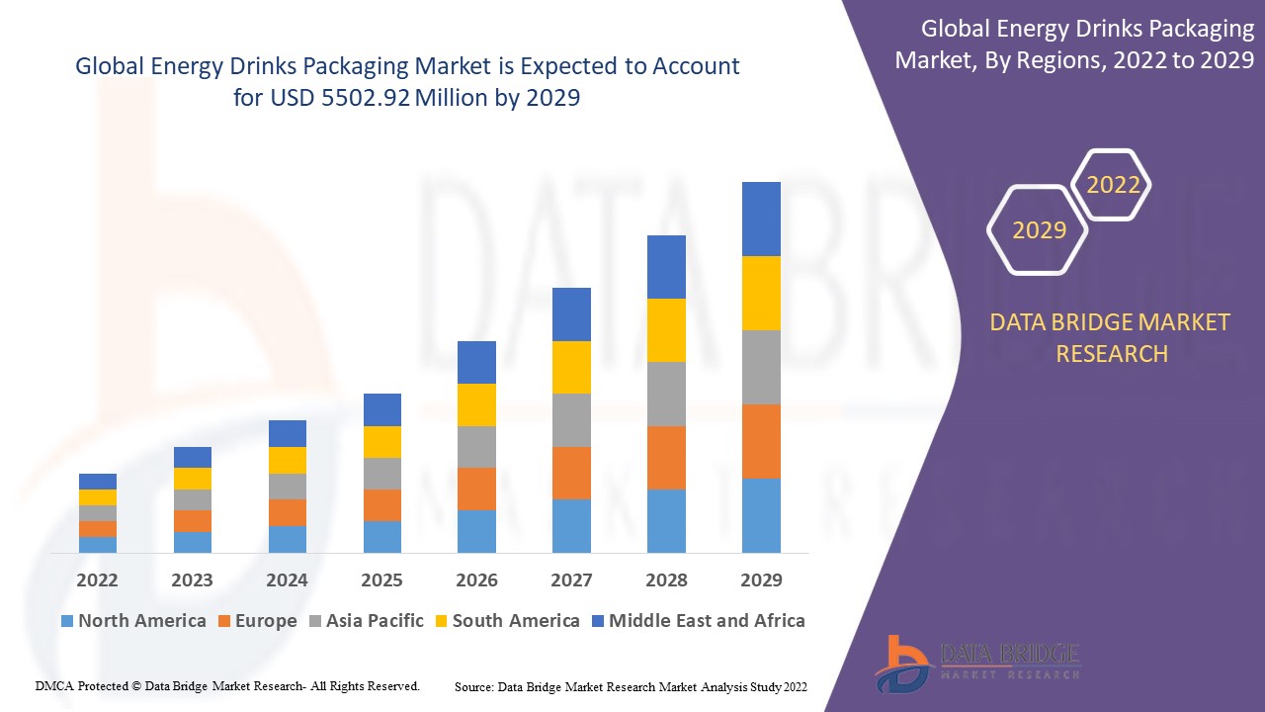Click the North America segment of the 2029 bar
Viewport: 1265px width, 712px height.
(x=761, y=515)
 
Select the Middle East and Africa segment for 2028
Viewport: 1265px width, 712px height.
(x=666, y=267)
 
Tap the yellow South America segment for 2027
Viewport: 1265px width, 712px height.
(x=571, y=367)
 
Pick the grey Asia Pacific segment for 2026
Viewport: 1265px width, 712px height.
(x=476, y=447)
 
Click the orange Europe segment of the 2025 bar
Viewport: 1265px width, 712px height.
(x=382, y=505)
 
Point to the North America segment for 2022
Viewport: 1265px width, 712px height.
(x=98, y=544)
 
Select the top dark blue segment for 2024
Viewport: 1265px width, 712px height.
(x=288, y=433)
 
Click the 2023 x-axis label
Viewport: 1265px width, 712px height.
(x=192, y=579)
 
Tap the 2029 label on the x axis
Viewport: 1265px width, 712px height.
(x=761, y=579)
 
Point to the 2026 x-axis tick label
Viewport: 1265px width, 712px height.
(x=476, y=579)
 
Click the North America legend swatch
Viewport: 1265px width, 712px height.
(x=67, y=621)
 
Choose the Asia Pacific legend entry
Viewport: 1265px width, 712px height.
(x=367, y=621)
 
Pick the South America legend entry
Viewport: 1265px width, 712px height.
(x=506, y=621)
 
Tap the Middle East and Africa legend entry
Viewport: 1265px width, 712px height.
(x=698, y=621)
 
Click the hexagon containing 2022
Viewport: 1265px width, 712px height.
(x=1113, y=185)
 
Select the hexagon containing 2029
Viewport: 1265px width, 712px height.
(x=1039, y=229)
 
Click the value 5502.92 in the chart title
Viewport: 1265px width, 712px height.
(x=364, y=98)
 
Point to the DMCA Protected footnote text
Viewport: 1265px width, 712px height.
(x=227, y=685)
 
